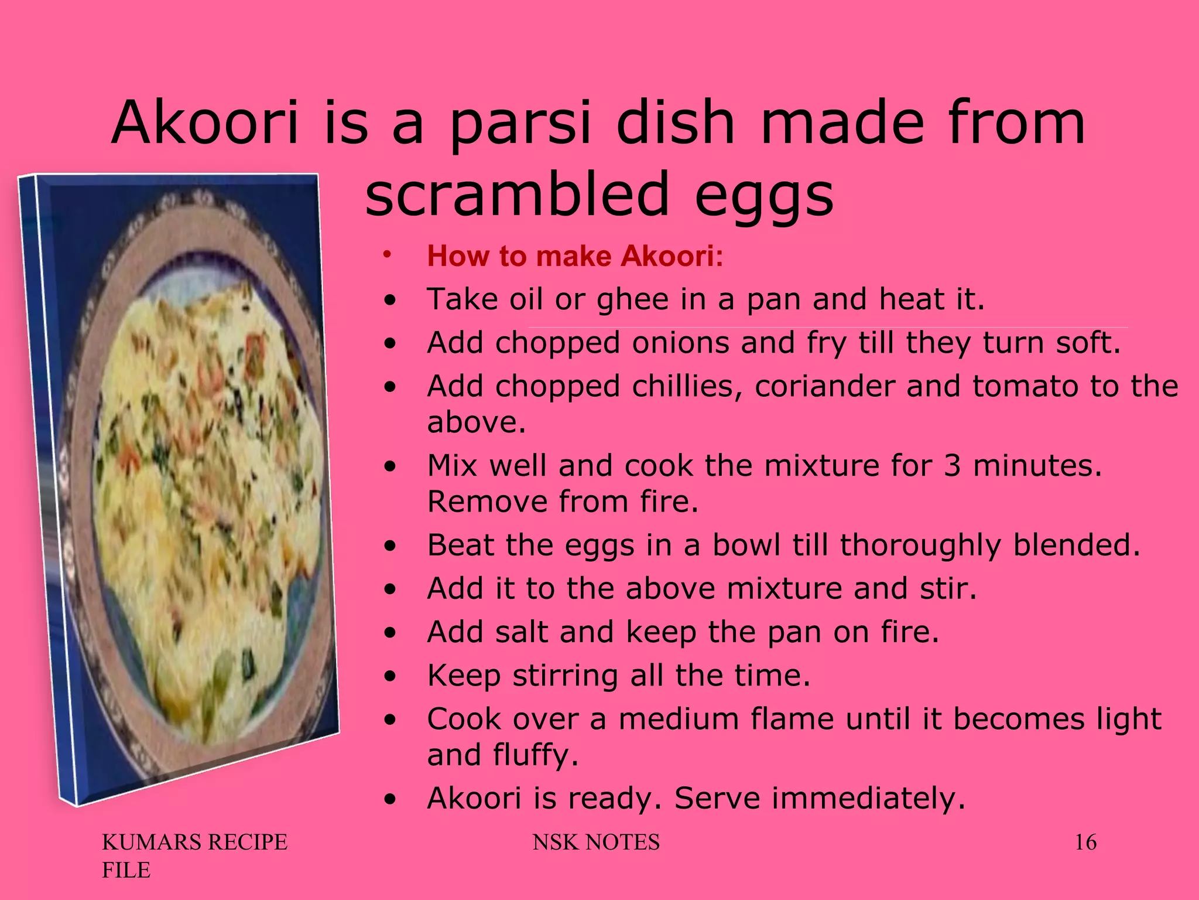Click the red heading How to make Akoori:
(575, 256)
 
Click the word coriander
(825, 386)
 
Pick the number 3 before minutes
(953, 466)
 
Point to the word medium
(679, 719)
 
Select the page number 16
(1085, 843)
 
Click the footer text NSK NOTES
(596, 843)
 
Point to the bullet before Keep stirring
(390, 677)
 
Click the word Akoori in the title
(205, 123)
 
